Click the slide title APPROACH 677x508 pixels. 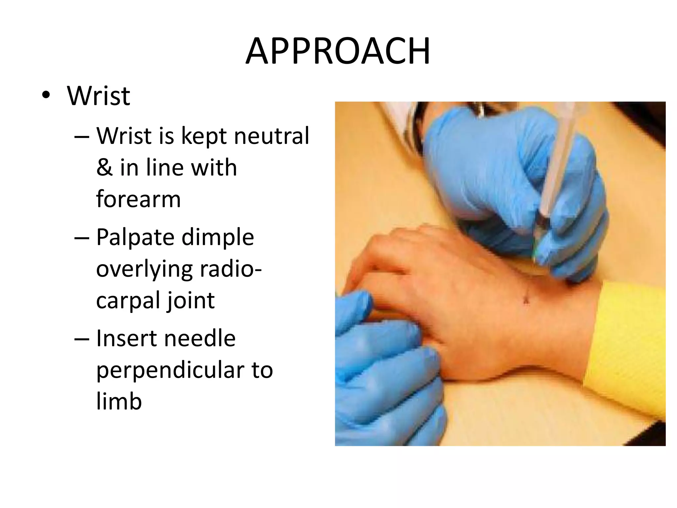338,51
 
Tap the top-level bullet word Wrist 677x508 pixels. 99,96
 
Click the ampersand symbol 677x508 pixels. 104,167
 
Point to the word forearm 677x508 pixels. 139,199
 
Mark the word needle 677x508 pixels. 200,338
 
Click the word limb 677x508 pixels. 119,401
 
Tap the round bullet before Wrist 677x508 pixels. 46,96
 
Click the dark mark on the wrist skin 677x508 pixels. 526,300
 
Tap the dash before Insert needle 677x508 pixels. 82,339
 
